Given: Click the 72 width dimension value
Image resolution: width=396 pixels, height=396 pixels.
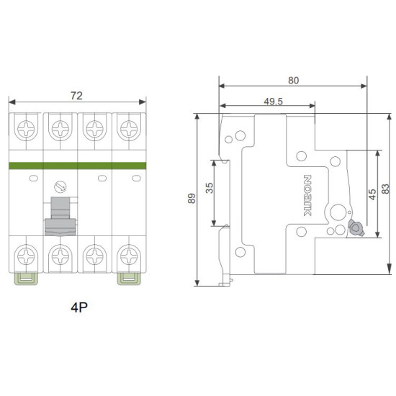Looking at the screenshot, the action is (x=76, y=96).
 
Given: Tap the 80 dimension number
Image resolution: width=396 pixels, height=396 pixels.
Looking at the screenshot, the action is (x=294, y=81).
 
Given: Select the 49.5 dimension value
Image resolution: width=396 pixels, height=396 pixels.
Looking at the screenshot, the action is (x=274, y=102).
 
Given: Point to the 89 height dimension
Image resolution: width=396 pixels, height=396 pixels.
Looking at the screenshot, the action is (x=192, y=198).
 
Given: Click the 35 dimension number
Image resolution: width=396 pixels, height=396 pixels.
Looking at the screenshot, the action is (x=210, y=188).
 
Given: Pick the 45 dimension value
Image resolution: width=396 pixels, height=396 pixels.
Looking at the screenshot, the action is (x=372, y=194).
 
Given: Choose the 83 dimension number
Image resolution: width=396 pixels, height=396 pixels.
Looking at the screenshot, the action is (x=385, y=189).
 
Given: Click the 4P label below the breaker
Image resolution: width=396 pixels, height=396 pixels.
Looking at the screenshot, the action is (x=79, y=307).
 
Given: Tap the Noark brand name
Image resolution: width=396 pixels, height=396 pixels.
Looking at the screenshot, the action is (x=307, y=195).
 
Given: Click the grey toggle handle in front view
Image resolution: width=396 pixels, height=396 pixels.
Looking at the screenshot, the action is (x=60, y=216).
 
